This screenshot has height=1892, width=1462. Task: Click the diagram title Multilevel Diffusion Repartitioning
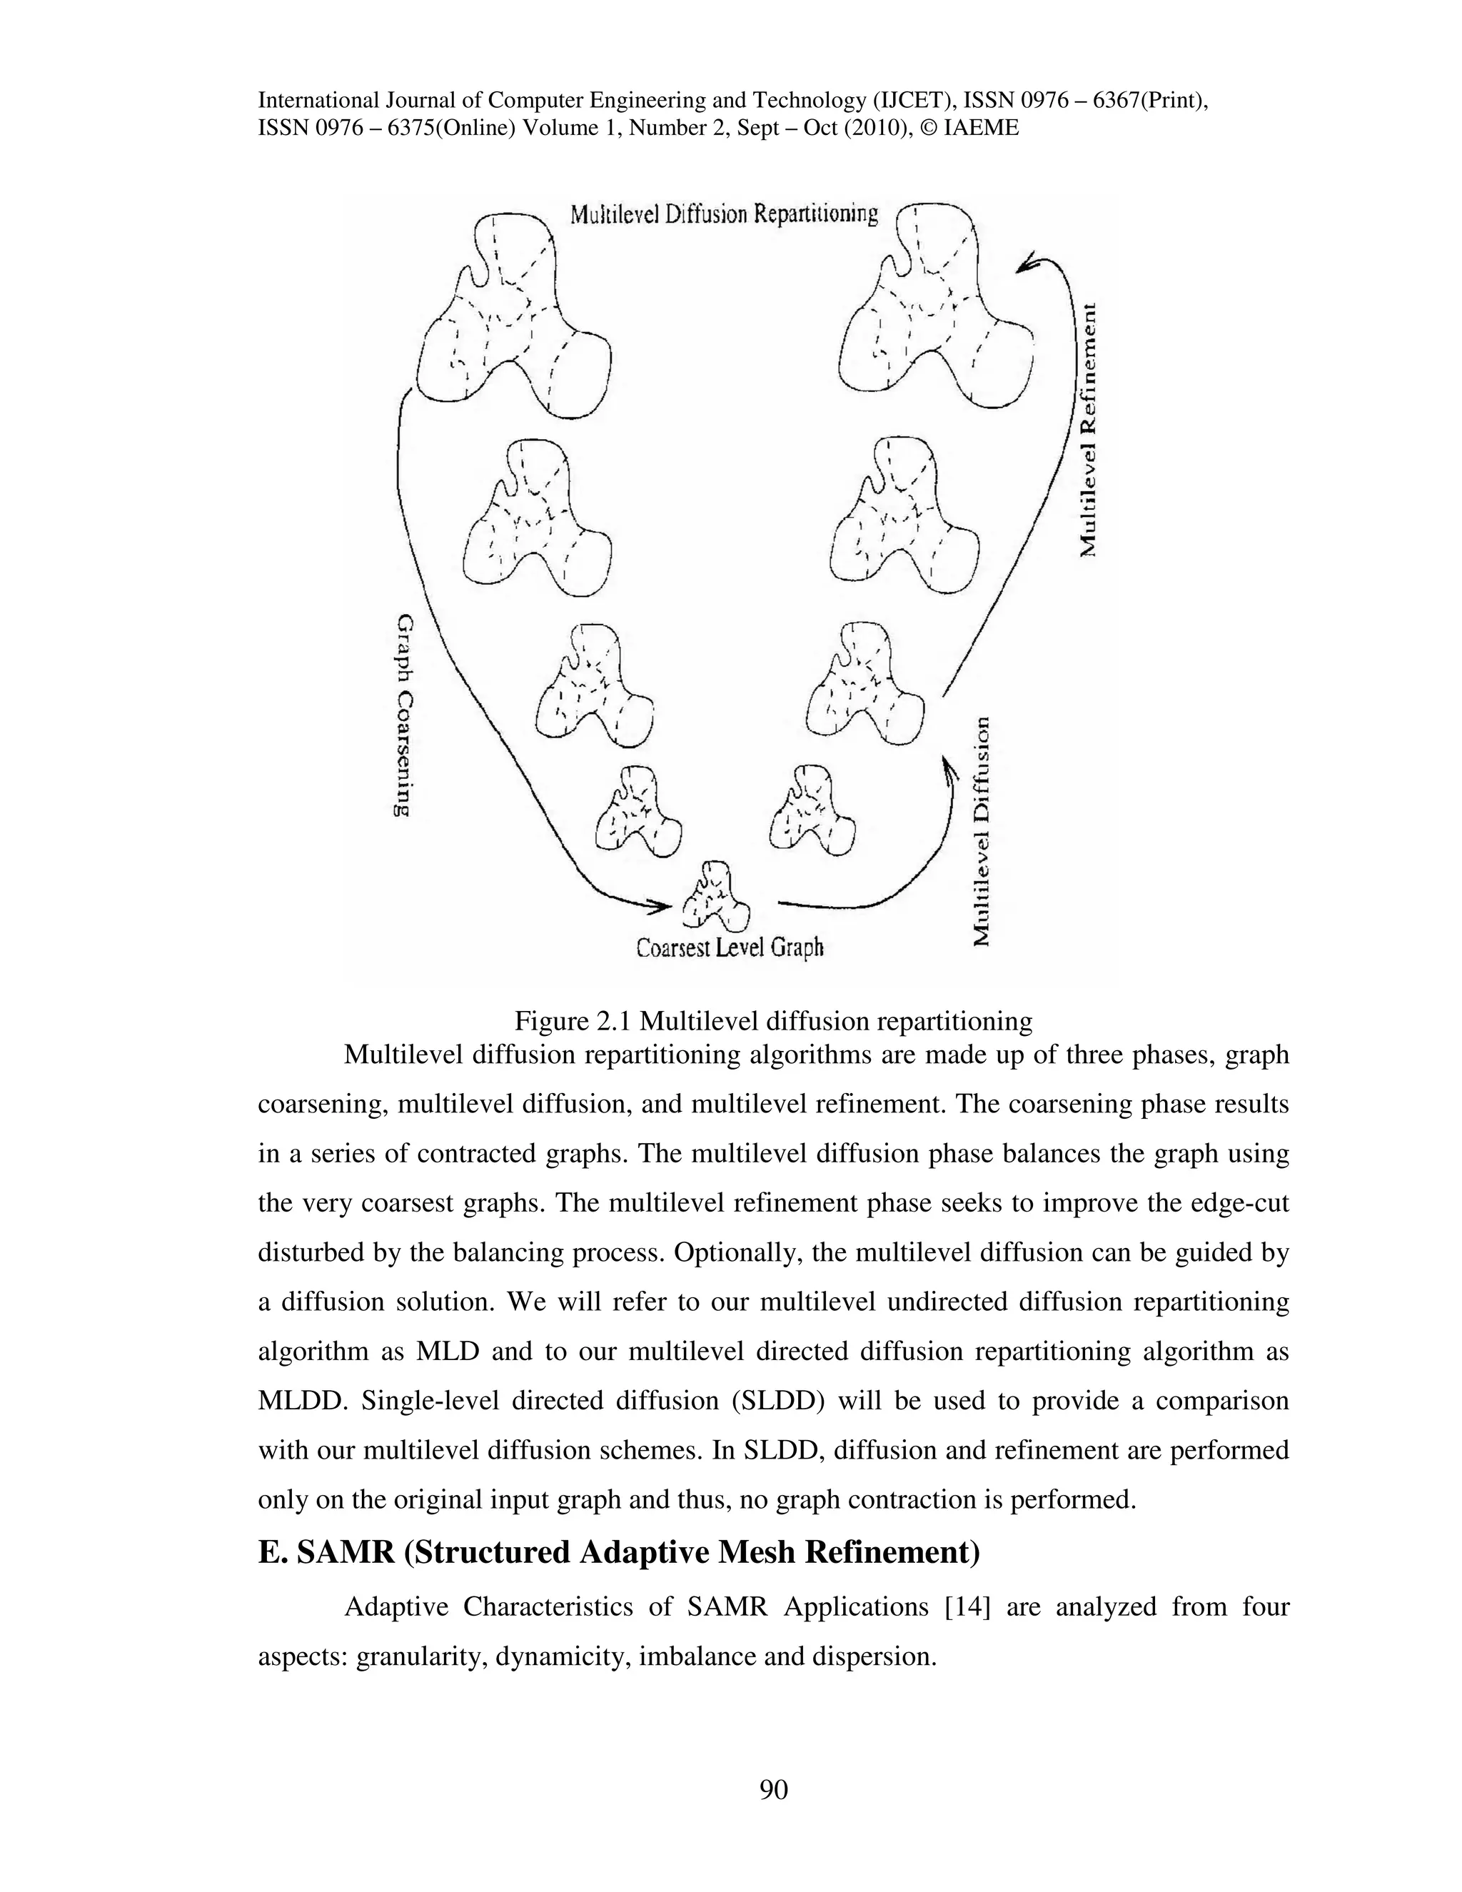coord(724,213)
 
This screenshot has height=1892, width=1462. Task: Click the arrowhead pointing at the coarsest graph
coord(660,906)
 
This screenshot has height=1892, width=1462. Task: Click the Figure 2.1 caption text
coord(772,1022)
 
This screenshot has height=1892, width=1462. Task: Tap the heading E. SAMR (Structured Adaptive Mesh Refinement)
coord(618,1551)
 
